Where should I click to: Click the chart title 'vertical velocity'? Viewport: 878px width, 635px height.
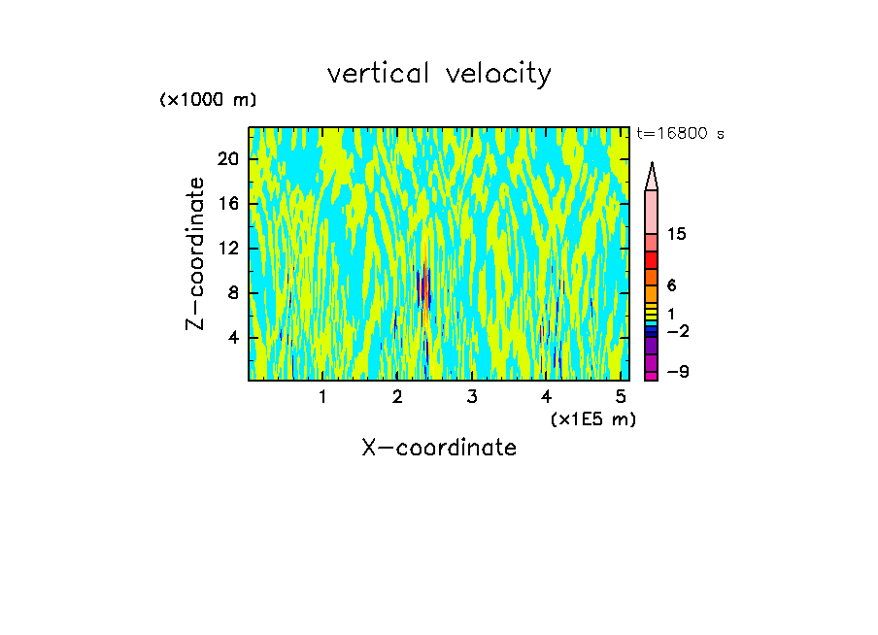439,74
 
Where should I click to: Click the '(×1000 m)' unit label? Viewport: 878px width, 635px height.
208,100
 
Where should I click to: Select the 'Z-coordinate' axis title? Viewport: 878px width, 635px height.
196,253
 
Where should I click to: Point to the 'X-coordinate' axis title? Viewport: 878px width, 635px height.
439,448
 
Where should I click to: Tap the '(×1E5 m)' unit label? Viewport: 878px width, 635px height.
592,418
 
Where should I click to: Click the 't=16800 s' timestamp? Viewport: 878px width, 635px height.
680,134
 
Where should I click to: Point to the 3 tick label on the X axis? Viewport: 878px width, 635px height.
471,397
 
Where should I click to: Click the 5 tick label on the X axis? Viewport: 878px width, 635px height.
621,397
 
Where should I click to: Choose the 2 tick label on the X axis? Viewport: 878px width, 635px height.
397,397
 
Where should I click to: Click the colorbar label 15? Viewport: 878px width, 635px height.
677,235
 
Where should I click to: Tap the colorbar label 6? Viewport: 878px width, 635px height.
671,285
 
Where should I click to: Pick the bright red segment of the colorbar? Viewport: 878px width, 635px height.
652,260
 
